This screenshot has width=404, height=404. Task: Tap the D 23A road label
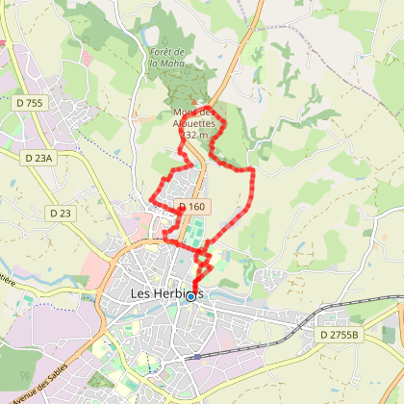coord(39,157)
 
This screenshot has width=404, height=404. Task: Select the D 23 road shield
coord(60,213)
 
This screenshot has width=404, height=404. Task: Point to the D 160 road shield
coord(192,206)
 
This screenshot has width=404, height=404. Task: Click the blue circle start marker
coord(190,296)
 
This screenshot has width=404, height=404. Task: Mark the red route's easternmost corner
coord(253,170)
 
